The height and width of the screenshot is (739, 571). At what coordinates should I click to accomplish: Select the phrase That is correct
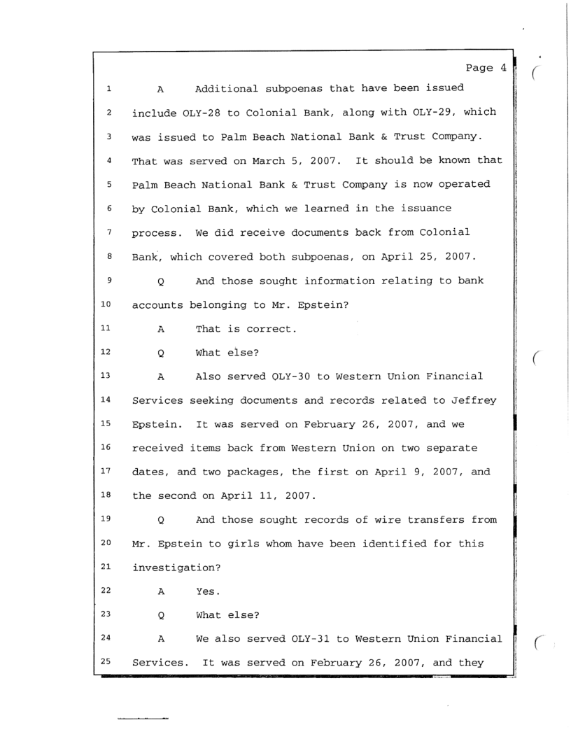point(246,329)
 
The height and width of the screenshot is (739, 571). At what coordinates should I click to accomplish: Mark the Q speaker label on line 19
point(161,521)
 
